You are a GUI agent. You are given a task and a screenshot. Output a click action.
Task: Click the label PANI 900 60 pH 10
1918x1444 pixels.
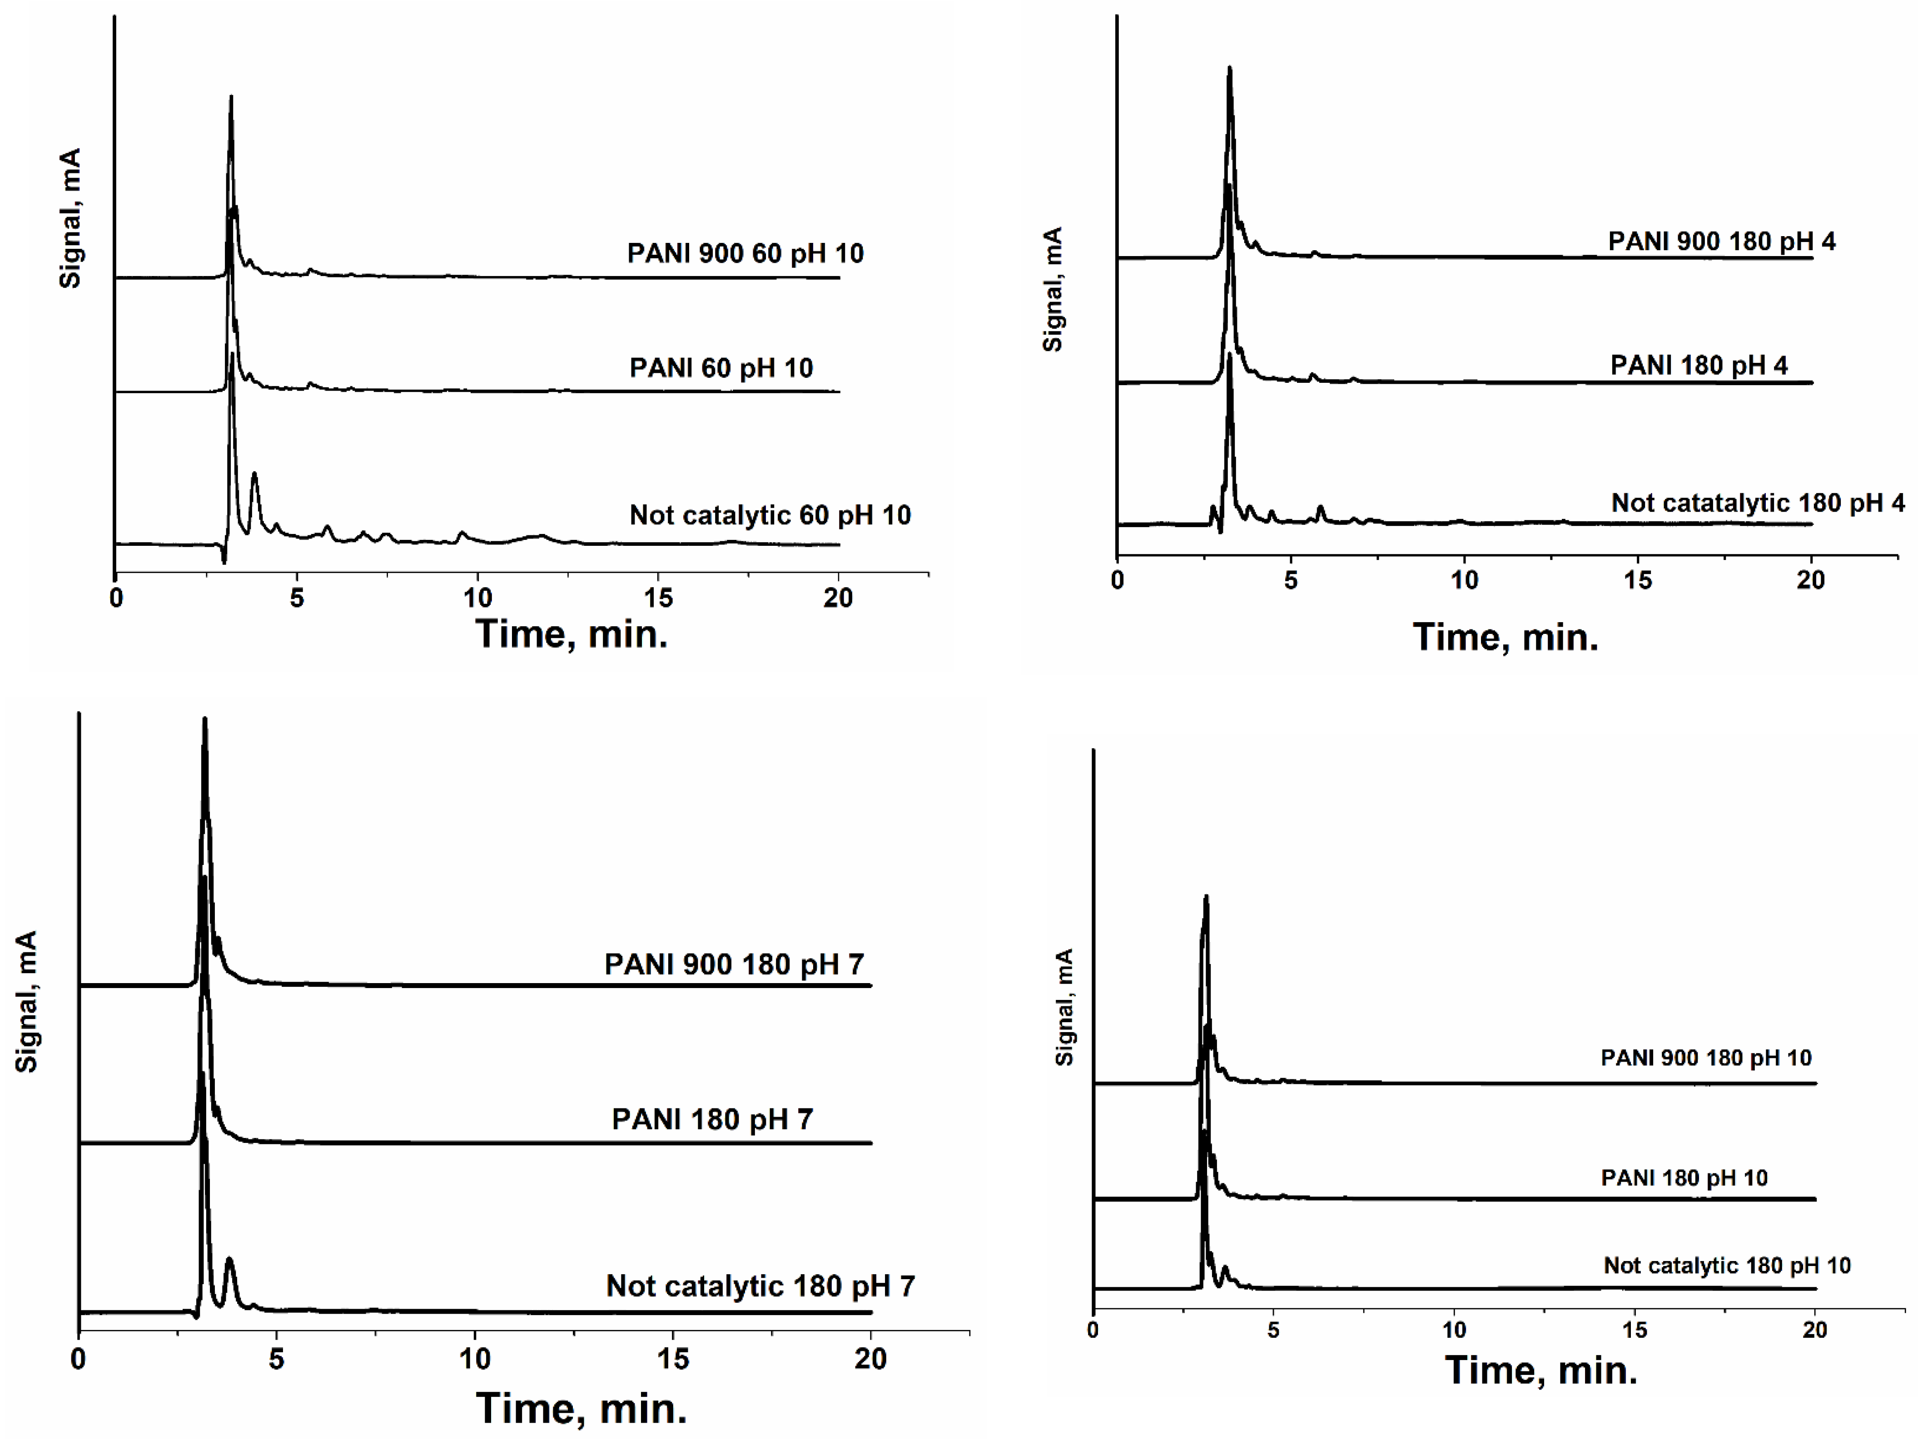[x=745, y=253]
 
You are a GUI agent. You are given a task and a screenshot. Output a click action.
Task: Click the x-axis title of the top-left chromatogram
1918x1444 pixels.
[x=571, y=634]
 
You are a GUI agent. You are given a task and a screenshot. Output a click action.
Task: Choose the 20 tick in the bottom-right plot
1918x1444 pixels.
[x=1815, y=1330]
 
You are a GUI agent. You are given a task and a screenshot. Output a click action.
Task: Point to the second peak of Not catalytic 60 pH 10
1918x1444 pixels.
[x=254, y=475]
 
